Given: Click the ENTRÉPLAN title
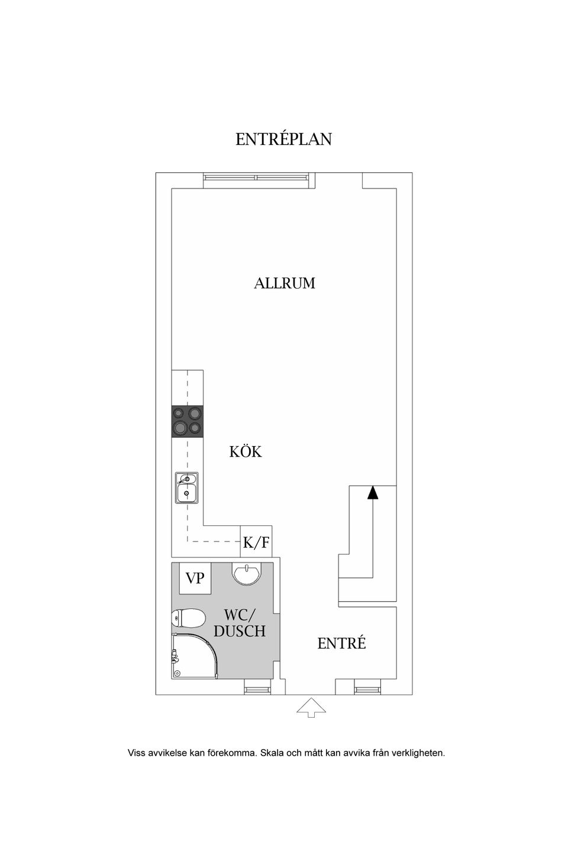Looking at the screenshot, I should tap(283, 139).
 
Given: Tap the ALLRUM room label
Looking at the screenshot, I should tap(284, 283).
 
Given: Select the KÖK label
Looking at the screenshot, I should tap(246, 452).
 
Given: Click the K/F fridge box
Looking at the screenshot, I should tap(256, 542).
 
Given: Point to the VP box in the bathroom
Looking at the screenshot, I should tap(195, 577).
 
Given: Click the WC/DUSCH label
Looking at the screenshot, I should tap(240, 623).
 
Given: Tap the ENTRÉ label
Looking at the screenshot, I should tap(341, 643).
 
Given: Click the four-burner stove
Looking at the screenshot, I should tap(188, 421).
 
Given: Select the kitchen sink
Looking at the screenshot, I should tap(186, 488).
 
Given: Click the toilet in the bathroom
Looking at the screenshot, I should tap(187, 619).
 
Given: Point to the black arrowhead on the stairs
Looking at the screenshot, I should tap(372, 492).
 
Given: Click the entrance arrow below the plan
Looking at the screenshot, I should tap(311, 707).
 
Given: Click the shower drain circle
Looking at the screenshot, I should tap(177, 673).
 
